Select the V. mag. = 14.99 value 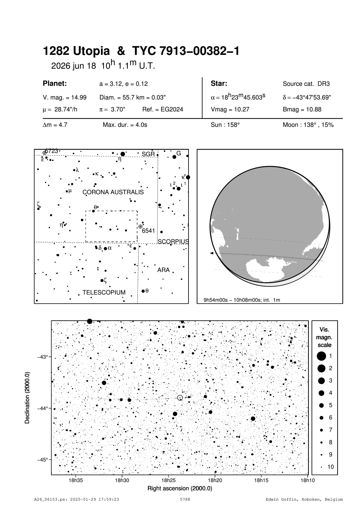coord(65,98)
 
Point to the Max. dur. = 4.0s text coord(125,125)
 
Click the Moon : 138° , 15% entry coord(308,125)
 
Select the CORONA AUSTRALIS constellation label coord(113,192)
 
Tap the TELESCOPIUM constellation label coord(104,293)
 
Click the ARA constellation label coord(163,270)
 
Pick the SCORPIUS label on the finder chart coord(173,242)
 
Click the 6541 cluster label coord(148,231)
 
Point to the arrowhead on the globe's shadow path coord(212,253)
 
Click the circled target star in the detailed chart coord(180,398)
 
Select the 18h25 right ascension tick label coord(169,480)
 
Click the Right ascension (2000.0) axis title coord(180,488)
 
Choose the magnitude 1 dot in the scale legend coord(321,356)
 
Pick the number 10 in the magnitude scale coord(331,467)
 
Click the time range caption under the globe coord(242,300)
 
